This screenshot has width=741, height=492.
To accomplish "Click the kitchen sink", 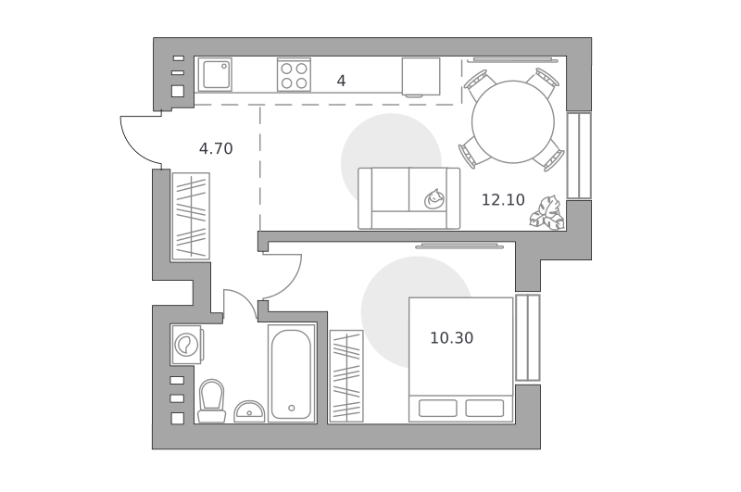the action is pos(215,74).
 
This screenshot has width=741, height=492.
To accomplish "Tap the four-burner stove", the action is pos(294,75).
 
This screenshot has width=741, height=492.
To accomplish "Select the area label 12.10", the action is pos(503,200).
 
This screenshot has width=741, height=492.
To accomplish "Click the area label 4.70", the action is pos(216,149).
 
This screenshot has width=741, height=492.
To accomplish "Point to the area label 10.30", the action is pos(451,338).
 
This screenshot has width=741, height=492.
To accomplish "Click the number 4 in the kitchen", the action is pos(341,81).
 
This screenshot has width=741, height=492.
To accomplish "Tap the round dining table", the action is pos(513,122).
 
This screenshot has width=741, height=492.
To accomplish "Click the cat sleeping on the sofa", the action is pos(433,198).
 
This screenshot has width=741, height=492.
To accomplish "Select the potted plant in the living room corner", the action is pos(546,213).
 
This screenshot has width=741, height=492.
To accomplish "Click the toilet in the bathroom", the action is pos(211,401).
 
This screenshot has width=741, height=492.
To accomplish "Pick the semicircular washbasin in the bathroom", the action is pos(249,411).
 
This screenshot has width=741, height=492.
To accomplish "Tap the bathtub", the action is pos(292,373).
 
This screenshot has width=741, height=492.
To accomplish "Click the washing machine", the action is pos(188,344).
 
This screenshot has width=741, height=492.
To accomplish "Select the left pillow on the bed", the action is pos(437,409).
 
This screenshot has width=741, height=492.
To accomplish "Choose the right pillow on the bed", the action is pos(484,409).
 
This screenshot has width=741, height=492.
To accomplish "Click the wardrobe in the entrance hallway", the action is pos(191,217).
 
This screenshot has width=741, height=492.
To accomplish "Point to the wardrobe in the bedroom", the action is pos(346,376).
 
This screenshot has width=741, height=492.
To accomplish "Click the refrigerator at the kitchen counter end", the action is pos(421,77).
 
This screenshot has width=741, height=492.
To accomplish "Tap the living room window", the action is pos(579,156).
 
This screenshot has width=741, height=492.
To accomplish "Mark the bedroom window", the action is pos(528,338).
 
